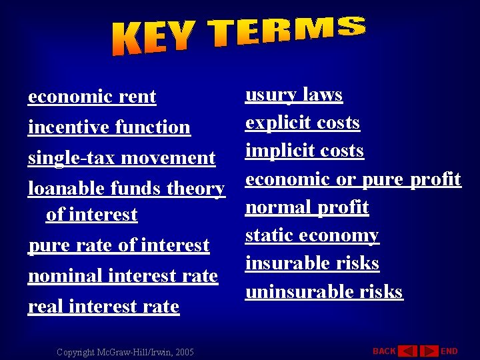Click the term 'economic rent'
tap(92, 97)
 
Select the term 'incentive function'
tap(109, 127)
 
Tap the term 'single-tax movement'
tap(121, 158)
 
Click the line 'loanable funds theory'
tap(126, 189)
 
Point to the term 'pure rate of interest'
tap(119, 245)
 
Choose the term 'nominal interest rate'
tap(123, 276)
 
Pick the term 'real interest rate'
tap(103, 307)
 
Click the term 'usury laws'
tap(294, 95)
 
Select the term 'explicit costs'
tap(303, 123)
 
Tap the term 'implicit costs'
tap(305, 151)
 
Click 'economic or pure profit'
tap(353, 179)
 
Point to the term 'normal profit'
tap(307, 207)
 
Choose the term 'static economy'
tap(312, 235)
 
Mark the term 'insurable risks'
tap(312, 263)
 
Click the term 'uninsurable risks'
tap(324, 291)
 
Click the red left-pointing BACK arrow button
tap(407, 351)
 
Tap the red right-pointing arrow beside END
tap(430, 351)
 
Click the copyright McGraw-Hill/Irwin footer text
tap(125, 351)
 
